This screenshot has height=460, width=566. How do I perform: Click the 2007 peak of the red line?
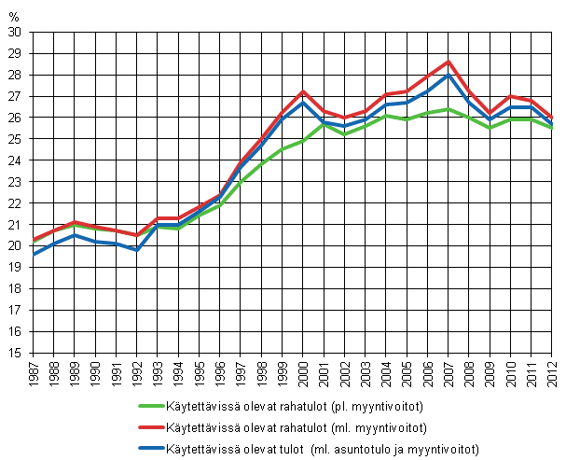449,62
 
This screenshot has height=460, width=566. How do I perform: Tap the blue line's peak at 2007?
449,75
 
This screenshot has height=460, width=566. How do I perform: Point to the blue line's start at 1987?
33,254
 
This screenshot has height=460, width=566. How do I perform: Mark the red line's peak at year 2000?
303,91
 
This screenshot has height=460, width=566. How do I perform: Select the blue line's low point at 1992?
137,250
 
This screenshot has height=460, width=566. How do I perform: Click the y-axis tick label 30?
14,32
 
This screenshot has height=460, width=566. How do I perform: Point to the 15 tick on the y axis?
14,353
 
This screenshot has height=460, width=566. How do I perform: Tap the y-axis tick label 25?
14,139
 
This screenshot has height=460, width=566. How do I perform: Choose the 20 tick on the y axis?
14,246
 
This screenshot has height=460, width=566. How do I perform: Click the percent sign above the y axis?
14,17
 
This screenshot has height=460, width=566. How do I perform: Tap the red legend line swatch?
149,428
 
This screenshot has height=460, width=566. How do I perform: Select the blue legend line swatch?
149,450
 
